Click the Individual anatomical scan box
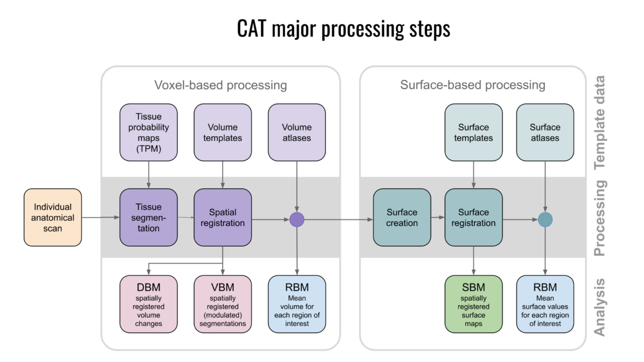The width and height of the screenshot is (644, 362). (53, 217)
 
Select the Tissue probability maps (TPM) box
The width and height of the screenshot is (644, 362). (149, 132)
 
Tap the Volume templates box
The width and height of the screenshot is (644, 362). (223, 132)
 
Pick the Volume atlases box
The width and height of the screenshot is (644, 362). (297, 132)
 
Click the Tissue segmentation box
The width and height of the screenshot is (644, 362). (149, 217)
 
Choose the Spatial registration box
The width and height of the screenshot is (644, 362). (223, 217)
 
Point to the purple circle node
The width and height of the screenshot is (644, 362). (297, 219)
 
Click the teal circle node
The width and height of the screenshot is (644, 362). (545, 219)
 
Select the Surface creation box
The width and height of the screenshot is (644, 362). (402, 217)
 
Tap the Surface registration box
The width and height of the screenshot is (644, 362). (473, 217)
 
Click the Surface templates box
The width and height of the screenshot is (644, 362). (473, 132)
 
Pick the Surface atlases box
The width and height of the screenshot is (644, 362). (545, 132)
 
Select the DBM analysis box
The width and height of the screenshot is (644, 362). (149, 304)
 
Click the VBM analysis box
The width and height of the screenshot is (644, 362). (223, 304)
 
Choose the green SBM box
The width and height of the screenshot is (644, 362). (473, 304)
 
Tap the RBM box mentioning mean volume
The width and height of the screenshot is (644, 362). (297, 304)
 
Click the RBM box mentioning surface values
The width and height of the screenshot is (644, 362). (545, 304)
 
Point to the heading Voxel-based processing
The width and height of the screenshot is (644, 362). (221, 85)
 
